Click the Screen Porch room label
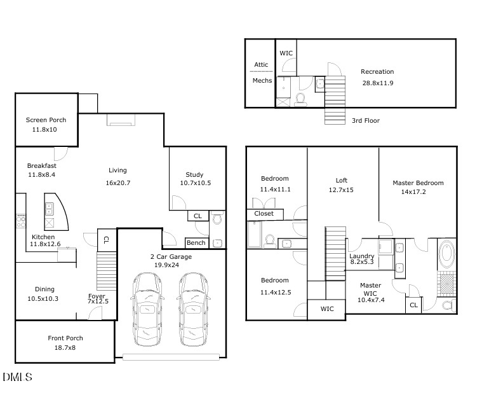[x=46, y=120]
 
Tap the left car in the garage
[x=147, y=310]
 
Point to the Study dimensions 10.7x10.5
[x=194, y=183]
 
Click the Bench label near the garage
[x=196, y=243]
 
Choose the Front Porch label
[x=65, y=338]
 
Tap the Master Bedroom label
[x=418, y=183]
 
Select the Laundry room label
[x=361, y=256]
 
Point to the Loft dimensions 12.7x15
[x=341, y=190]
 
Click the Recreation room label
[x=377, y=72]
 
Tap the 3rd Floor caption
[x=366, y=120]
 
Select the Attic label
[x=262, y=64]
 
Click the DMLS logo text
[x=17, y=378]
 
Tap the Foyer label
[x=97, y=296]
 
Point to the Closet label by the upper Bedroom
[x=264, y=214]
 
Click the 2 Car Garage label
[x=171, y=257]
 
